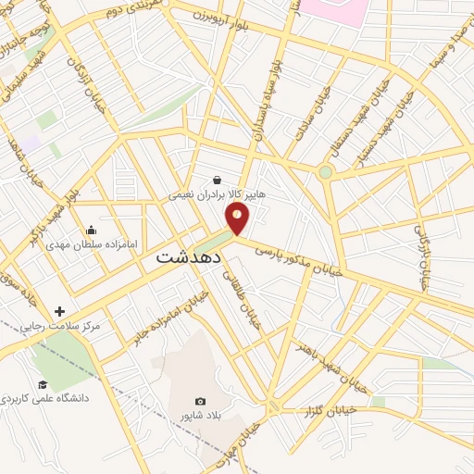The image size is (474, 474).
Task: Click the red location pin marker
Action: [238, 218]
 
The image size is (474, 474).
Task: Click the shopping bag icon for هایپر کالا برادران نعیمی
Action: [217, 180]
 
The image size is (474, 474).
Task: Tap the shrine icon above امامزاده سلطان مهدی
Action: [91, 230]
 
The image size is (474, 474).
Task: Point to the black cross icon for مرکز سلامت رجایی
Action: [61, 312]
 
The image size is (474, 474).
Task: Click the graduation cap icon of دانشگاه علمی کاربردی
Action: [42, 383]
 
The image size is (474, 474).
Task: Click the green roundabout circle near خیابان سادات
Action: [325, 171]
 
